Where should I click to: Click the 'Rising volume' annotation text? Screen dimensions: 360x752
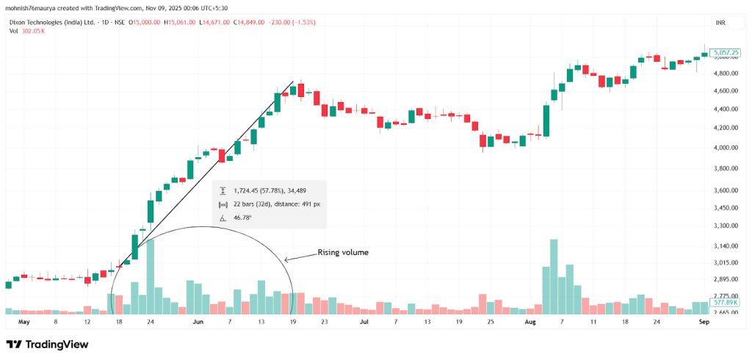[x=342, y=253]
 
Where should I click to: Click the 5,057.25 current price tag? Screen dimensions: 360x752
[x=725, y=52]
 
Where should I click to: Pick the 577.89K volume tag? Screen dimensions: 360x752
[x=725, y=302]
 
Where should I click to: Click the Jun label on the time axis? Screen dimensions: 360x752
[x=198, y=322]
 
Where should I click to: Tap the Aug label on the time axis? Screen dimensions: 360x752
[x=531, y=322]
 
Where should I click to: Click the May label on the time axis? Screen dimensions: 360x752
[x=24, y=322]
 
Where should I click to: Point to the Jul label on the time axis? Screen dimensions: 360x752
[x=364, y=322]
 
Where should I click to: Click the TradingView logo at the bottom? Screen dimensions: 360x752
[x=47, y=344]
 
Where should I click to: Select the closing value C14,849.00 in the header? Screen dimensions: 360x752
[x=253, y=23]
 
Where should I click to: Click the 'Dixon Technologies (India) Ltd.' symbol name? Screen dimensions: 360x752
[x=52, y=23]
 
